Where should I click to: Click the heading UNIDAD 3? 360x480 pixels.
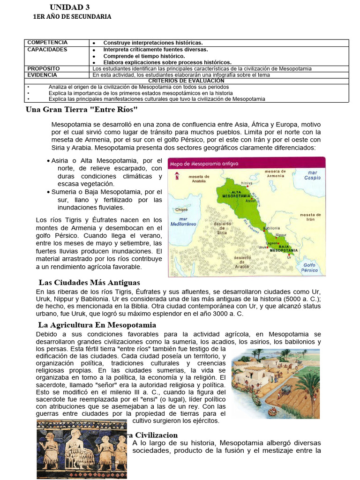(x=70, y=7)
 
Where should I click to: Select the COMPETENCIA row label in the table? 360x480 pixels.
(x=47, y=43)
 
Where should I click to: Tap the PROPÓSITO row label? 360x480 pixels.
(x=44, y=68)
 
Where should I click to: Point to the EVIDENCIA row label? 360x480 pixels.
(x=42, y=75)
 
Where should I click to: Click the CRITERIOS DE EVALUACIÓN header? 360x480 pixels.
(x=186, y=81)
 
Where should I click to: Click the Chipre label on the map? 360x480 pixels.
(x=181, y=210)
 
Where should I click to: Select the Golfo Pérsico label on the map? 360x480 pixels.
(x=310, y=267)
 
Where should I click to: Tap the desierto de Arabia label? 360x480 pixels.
(x=242, y=261)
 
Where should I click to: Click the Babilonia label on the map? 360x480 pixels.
(x=273, y=228)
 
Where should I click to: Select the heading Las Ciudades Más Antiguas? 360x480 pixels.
(x=89, y=283)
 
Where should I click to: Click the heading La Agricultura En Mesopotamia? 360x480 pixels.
(x=97, y=325)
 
